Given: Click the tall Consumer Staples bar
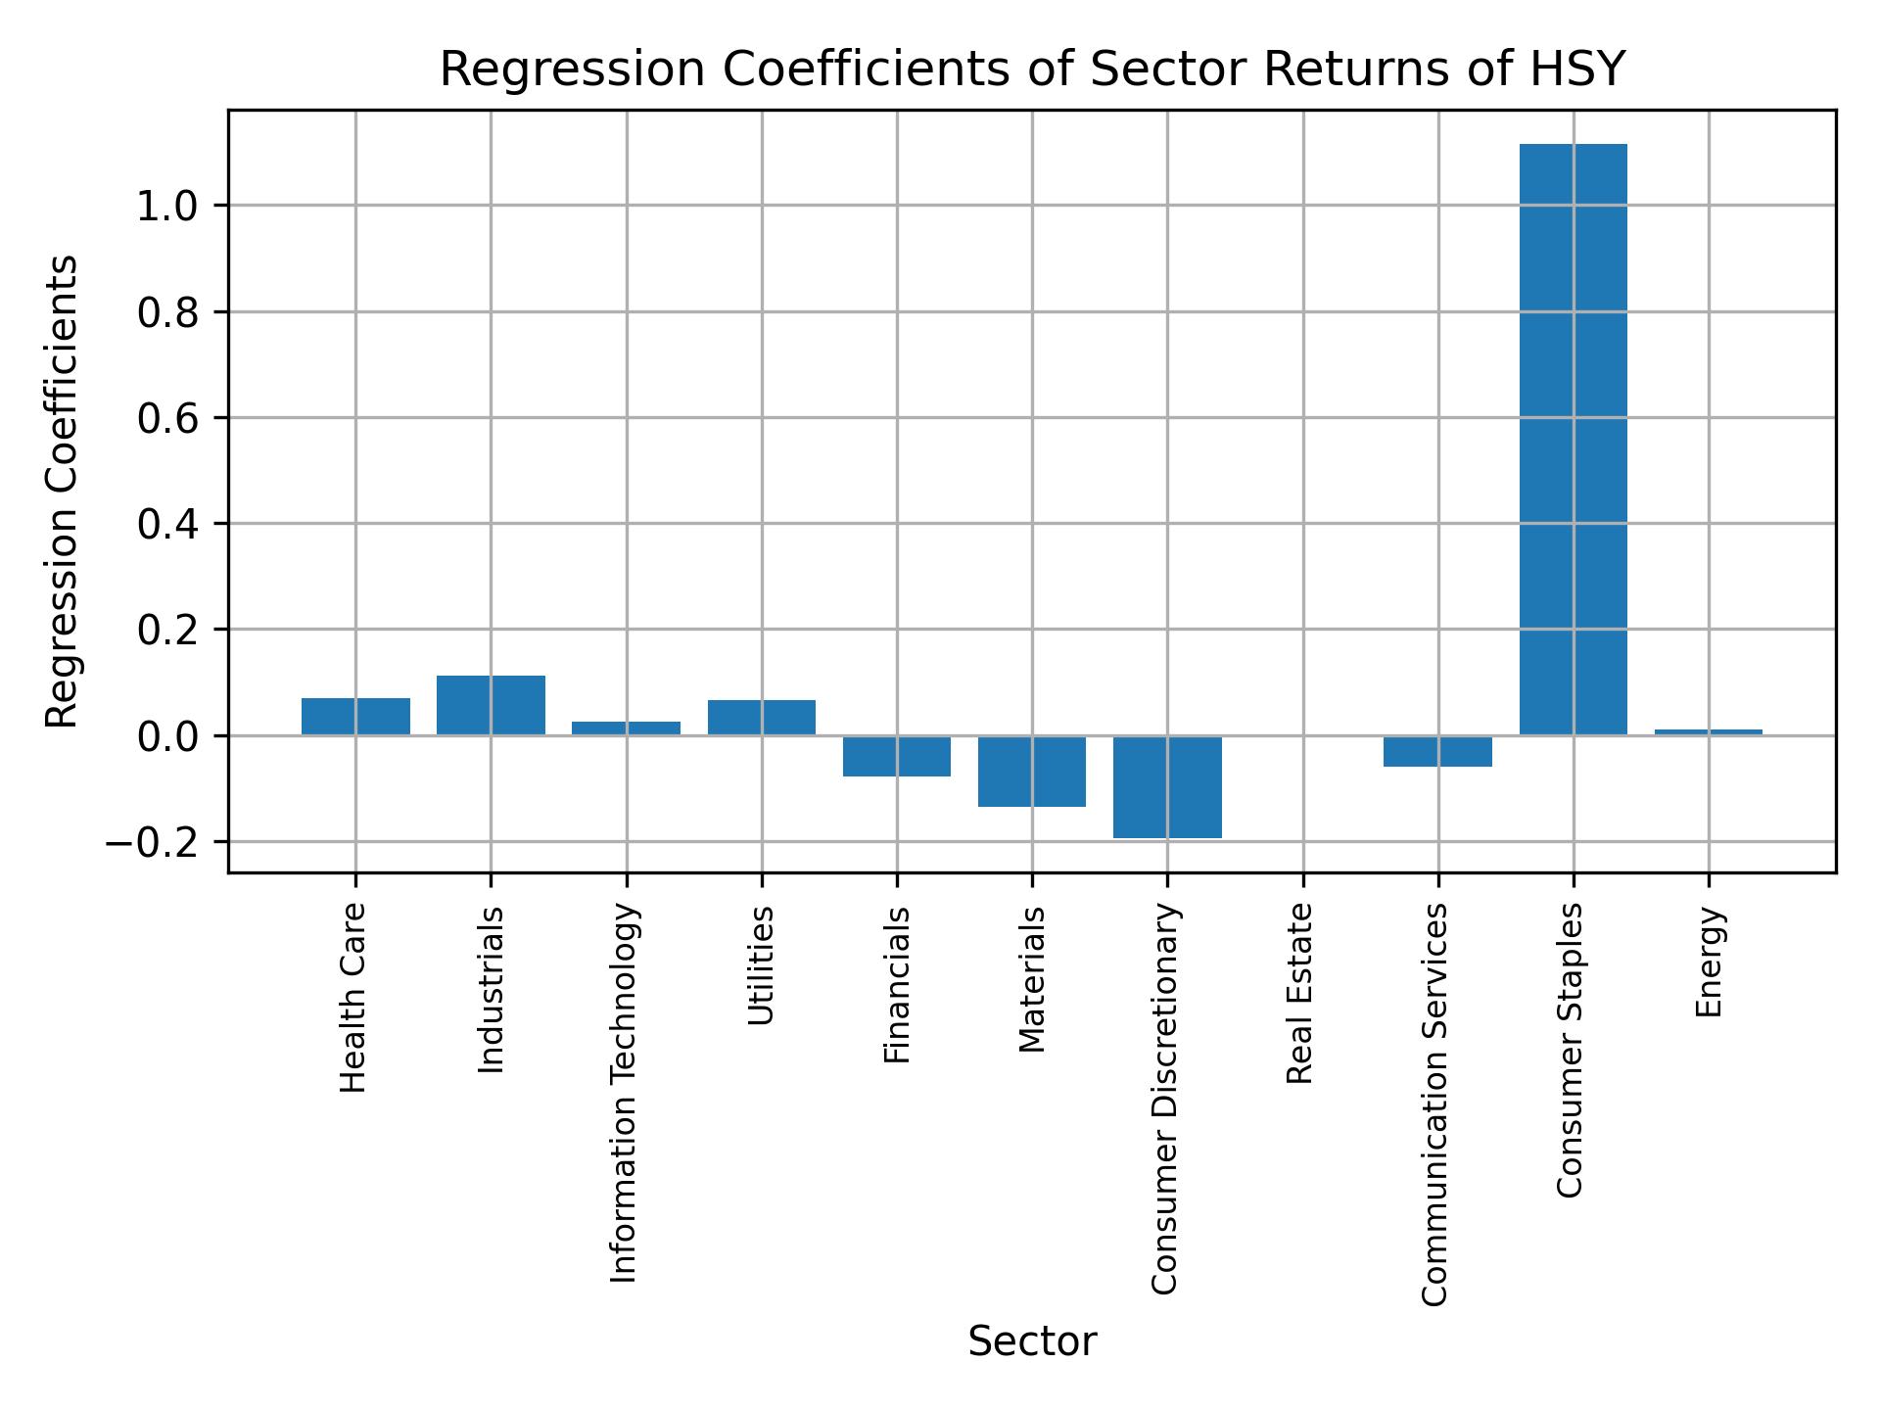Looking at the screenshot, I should pyautogui.click(x=1573, y=441).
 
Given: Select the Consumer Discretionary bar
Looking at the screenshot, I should pyautogui.click(x=1167, y=786).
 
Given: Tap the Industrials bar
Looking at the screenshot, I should pyautogui.click(x=491, y=705).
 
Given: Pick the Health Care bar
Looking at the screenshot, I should pyautogui.click(x=355, y=716).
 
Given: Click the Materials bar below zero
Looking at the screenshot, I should pyautogui.click(x=1032, y=771).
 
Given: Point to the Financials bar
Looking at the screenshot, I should pyautogui.click(x=897, y=755).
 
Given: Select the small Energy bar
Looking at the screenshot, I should pyautogui.click(x=1708, y=731).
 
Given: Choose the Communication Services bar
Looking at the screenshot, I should pyautogui.click(x=1437, y=751).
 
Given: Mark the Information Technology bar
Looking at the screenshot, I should pyautogui.click(x=626, y=728).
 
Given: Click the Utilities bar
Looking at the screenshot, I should pyautogui.click(x=762, y=717).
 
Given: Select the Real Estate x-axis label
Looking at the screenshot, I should pyautogui.click(x=1299, y=993).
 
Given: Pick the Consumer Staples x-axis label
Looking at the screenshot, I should pyautogui.click(x=1570, y=1050).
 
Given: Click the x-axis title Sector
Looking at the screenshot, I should pyautogui.click(x=1032, y=1341).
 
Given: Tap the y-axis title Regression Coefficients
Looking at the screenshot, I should pyautogui.click(x=63, y=492).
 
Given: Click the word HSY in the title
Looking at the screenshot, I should pyautogui.click(x=1579, y=70).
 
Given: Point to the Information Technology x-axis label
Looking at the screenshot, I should pyautogui.click(x=624, y=1093).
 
